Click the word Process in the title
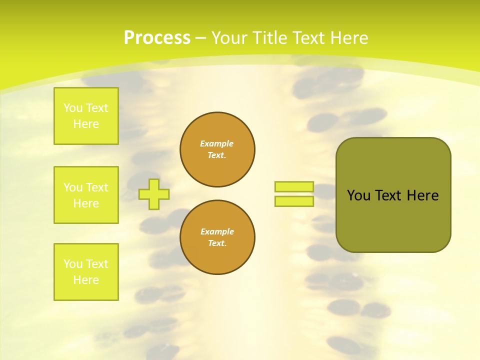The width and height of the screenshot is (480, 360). (157, 38)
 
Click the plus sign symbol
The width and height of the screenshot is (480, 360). (153, 194)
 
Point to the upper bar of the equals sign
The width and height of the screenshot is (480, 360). (294, 186)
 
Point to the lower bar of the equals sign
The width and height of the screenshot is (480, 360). (294, 201)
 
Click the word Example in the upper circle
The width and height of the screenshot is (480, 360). (216, 143)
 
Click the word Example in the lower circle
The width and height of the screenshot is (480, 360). (217, 231)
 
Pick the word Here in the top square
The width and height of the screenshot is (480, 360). (86, 124)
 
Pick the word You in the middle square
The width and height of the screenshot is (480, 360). (73, 187)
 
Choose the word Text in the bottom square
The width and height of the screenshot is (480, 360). (97, 264)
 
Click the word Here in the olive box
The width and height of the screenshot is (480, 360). (422, 195)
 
